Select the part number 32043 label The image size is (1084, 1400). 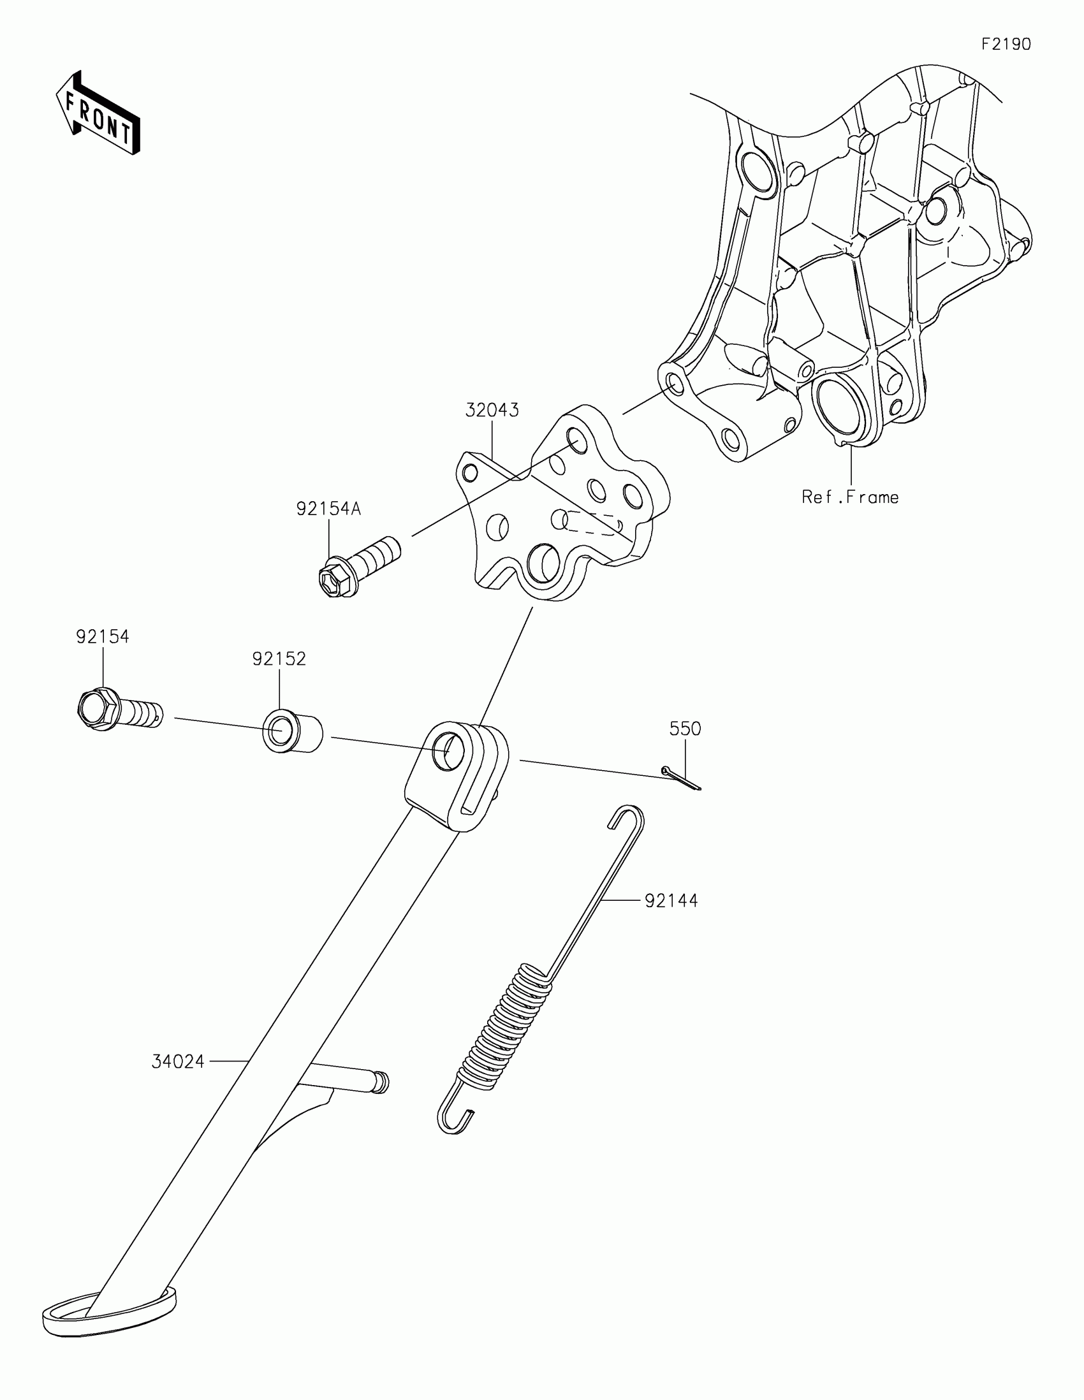492,411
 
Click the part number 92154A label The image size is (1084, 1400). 328,509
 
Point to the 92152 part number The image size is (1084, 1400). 279,659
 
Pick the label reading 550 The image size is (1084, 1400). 685,729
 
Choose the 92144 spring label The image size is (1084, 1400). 671,901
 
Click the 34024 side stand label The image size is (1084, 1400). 177,1062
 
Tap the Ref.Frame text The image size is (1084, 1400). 850,497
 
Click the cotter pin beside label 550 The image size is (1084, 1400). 681,778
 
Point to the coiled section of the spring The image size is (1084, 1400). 506,1032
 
